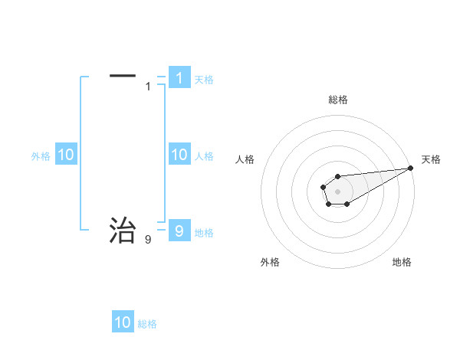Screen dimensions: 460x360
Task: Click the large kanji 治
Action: pos(123,230)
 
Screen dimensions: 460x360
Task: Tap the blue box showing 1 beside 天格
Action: pos(179,77)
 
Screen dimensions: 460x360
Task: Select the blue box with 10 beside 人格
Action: pos(179,155)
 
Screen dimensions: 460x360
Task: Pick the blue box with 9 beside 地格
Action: pos(179,230)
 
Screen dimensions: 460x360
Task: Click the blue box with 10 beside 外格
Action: pos(66,155)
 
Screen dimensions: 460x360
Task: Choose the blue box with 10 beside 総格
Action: pos(123,322)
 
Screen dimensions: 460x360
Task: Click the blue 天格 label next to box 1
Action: pos(204,79)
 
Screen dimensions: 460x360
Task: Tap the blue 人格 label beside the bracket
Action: pos(204,156)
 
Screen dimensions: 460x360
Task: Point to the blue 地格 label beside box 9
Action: pos(204,232)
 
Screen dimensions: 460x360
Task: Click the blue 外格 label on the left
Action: pos(41,156)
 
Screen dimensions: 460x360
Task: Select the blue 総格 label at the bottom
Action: pos(147,324)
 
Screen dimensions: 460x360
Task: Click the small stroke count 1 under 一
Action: pos(148,87)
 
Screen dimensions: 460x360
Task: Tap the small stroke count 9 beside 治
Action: pos(148,240)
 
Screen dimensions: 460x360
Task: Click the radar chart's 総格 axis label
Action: pos(338,100)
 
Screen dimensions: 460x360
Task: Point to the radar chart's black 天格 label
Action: pos(431,159)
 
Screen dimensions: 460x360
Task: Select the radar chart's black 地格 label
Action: pos(402,262)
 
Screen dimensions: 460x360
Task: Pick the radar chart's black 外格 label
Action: pos(270,262)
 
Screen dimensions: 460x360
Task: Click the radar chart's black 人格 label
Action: pos(245,159)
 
